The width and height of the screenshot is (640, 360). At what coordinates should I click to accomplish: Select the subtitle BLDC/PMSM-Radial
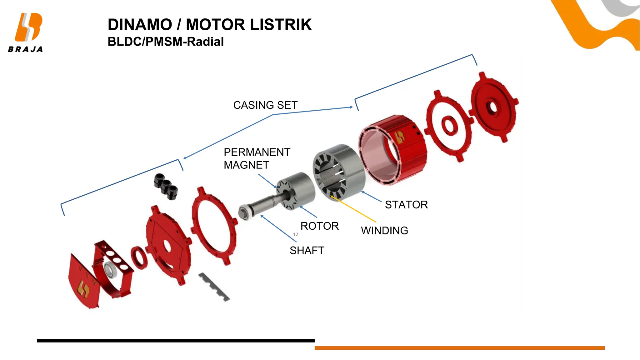pyautogui.click(x=165, y=42)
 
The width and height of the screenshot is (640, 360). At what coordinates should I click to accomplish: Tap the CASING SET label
pyautogui.click(x=265, y=105)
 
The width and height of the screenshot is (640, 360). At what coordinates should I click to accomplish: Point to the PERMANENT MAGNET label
pyautogui.click(x=257, y=158)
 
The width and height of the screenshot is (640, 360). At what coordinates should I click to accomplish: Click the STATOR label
pyautogui.click(x=406, y=205)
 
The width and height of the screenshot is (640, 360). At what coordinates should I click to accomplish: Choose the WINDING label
pyautogui.click(x=384, y=231)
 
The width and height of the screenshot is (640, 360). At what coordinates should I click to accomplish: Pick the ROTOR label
pyautogui.click(x=319, y=226)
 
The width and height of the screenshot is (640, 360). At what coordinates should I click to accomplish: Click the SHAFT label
pyautogui.click(x=307, y=250)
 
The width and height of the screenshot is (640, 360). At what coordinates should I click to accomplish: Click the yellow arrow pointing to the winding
pyautogui.click(x=353, y=209)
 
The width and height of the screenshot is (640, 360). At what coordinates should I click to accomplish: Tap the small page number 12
pyautogui.click(x=295, y=234)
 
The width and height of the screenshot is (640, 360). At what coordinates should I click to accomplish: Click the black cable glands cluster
pyautogui.click(x=166, y=186)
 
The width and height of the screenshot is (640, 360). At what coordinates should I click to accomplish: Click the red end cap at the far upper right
pyautogui.click(x=494, y=106)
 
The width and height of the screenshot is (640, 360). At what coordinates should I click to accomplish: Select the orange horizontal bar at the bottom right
pyautogui.click(x=459, y=348)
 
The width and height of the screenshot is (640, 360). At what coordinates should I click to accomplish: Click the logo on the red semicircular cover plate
pyautogui.click(x=83, y=289)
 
